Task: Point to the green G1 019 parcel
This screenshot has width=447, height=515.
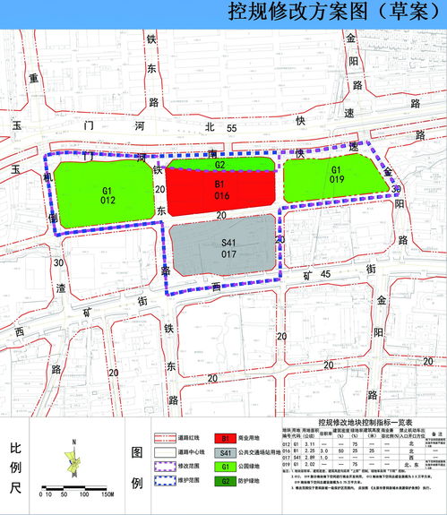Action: tap(335, 176)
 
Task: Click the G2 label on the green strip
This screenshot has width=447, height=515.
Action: tap(219, 165)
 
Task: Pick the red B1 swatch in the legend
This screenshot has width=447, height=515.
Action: tap(225, 440)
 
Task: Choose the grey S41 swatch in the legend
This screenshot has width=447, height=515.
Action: tap(225, 454)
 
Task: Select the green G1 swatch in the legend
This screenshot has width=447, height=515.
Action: tap(225, 468)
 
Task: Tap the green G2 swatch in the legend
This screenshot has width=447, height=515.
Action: tap(225, 482)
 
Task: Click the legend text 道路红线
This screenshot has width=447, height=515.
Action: tap(185, 440)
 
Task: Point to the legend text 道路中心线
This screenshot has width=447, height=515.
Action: tap(187, 454)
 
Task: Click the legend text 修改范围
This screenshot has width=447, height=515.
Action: tap(185, 468)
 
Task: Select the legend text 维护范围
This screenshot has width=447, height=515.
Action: tap(185, 482)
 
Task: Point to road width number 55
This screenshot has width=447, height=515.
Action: tap(231, 131)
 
